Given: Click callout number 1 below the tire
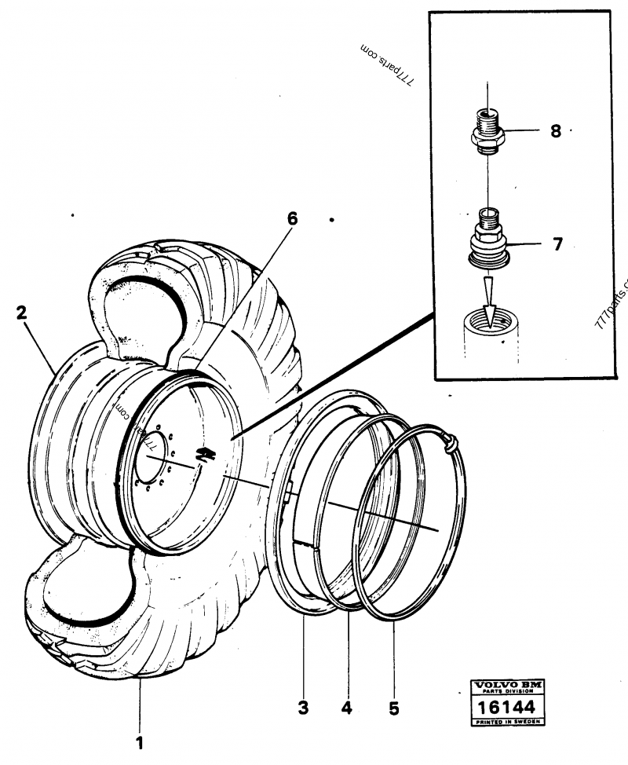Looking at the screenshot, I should [141, 741].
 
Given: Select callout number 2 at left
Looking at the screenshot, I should [22, 313].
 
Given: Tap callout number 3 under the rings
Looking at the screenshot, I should [303, 708].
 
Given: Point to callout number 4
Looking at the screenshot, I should [347, 708].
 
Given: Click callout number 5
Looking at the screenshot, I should [393, 708].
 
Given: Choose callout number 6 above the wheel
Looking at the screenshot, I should [292, 219].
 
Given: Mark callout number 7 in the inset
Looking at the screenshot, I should [557, 244].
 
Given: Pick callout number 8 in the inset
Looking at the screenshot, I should [556, 131].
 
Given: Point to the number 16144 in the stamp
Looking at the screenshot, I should [510, 708].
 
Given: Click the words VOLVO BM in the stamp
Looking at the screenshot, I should [510, 686].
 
